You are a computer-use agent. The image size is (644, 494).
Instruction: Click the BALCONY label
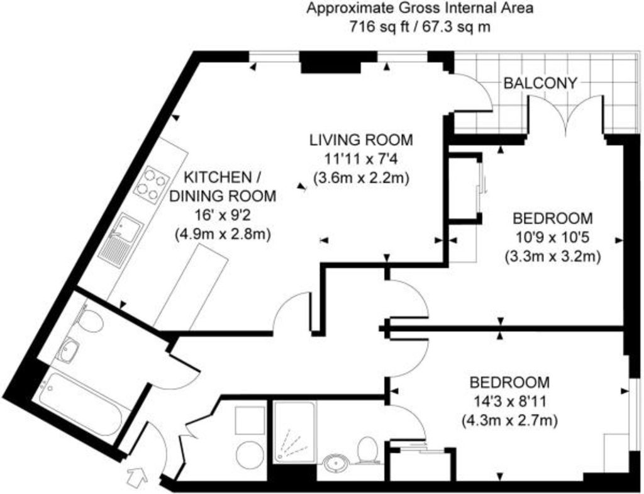[x=540, y=84]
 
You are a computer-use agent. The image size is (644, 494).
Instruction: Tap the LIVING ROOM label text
[x=361, y=140]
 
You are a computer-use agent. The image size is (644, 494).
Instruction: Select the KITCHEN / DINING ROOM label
[x=223, y=186]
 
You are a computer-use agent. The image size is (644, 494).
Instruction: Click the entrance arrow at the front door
[x=138, y=476]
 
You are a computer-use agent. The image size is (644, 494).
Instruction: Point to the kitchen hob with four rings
[x=153, y=186]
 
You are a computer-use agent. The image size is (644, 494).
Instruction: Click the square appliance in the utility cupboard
[x=250, y=420]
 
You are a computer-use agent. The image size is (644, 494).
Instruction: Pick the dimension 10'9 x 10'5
[x=552, y=237]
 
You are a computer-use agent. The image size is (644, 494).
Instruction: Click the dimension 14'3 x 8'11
[x=509, y=401]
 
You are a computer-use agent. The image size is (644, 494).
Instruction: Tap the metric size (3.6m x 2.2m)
[x=361, y=178]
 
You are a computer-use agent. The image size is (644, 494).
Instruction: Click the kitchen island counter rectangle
[x=191, y=287]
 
